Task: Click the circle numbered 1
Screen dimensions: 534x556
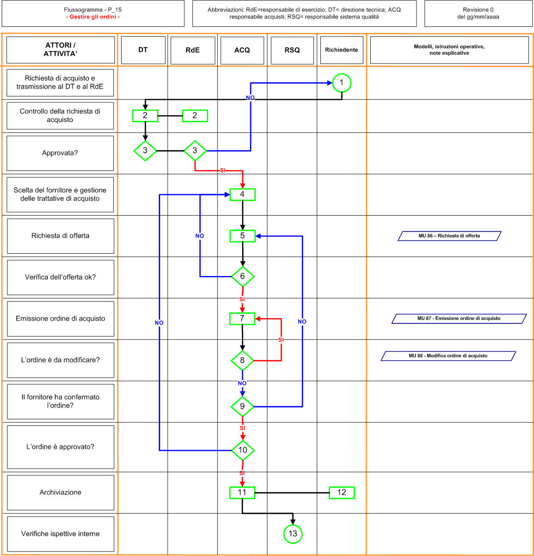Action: click(x=342, y=83)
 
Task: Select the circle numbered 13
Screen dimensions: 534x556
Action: click(x=293, y=534)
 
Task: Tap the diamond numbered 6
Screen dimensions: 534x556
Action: click(x=243, y=276)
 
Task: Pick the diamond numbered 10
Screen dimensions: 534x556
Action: click(x=243, y=450)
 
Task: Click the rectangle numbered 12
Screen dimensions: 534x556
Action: click(x=342, y=492)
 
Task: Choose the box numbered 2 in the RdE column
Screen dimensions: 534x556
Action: click(x=195, y=116)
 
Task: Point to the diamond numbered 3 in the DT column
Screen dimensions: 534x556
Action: click(x=145, y=151)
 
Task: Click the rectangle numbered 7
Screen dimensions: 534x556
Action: click(x=242, y=319)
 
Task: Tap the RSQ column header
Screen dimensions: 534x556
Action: click(x=292, y=50)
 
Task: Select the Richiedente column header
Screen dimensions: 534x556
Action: click(x=342, y=50)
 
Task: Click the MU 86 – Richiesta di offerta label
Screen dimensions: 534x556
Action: click(x=449, y=236)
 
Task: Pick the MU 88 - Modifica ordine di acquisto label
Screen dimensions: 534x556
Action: click(x=448, y=356)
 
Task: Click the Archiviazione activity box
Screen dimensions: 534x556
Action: click(x=61, y=492)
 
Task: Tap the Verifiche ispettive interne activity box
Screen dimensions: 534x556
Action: click(x=61, y=534)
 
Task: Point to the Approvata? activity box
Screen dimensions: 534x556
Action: click(x=60, y=153)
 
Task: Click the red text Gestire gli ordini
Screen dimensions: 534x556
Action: click(x=93, y=17)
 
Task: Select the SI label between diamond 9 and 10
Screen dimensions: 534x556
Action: click(x=242, y=428)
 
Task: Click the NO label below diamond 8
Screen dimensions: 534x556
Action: click(x=242, y=383)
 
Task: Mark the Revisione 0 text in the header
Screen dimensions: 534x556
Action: click(x=478, y=10)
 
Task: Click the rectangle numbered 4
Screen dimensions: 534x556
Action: click(x=243, y=195)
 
